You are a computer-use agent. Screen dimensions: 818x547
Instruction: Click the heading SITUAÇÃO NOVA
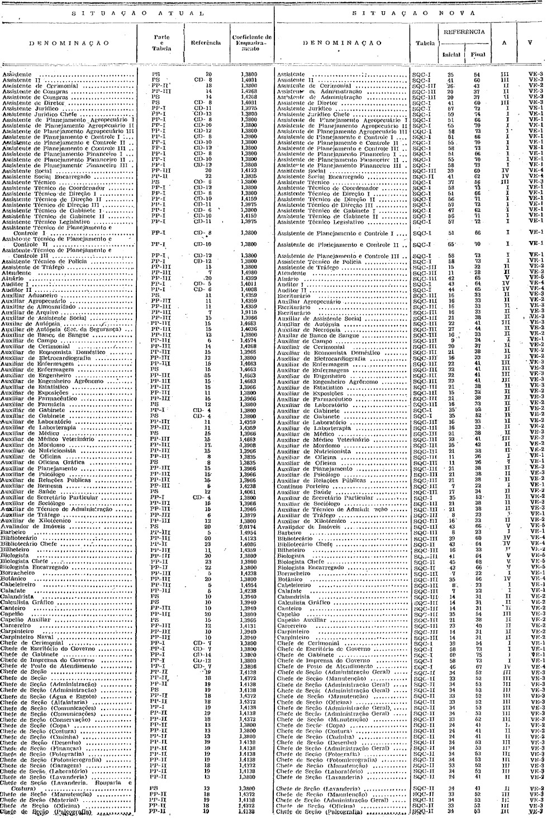(x=411, y=12)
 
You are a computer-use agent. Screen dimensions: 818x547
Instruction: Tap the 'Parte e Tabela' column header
(x=161, y=42)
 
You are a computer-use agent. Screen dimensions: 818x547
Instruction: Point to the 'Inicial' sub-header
(x=450, y=55)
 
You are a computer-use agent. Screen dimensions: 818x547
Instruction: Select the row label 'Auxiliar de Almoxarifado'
(x=31, y=306)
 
